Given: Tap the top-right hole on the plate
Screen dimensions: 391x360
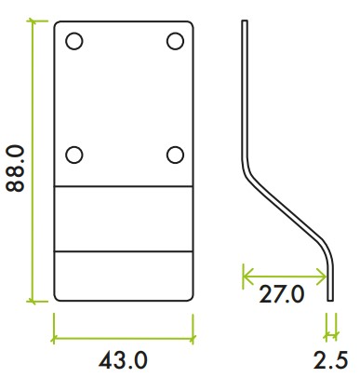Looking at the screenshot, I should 174,41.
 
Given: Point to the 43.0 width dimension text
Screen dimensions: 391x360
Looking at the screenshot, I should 124,358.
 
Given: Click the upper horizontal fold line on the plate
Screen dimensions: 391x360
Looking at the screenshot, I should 124,186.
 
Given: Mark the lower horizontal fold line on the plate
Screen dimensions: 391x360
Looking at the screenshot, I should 124,251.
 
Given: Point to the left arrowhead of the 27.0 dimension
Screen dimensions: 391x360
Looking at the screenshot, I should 245,274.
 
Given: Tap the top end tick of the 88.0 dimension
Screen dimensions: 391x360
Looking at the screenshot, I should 35,20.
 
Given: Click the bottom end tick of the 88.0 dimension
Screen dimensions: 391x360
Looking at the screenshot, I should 35,302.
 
